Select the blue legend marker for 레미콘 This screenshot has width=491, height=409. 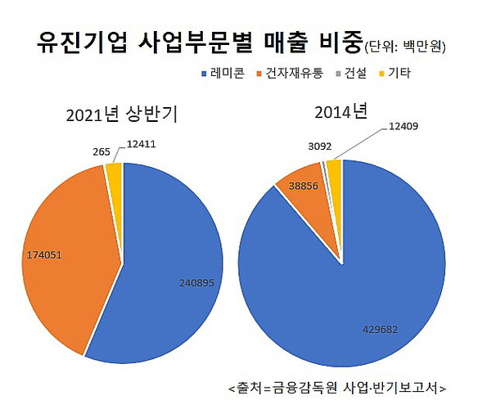click(x=204, y=74)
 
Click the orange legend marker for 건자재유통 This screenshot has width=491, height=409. click(x=261, y=74)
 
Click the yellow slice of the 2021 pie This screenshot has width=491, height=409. click(x=114, y=172)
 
